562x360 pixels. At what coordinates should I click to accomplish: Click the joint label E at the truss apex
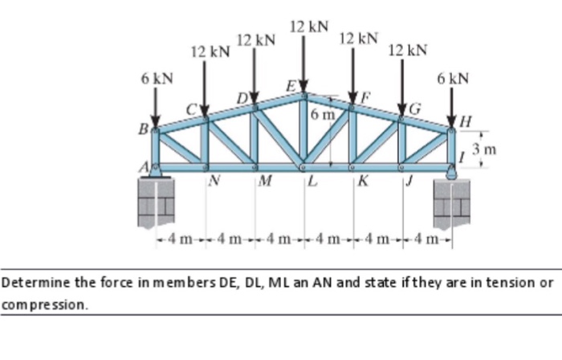coord(291,87)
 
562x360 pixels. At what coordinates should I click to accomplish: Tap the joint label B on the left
coord(144,129)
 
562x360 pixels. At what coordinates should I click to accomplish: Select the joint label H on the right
coord(465,122)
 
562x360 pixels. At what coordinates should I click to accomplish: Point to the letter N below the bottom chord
coord(214,180)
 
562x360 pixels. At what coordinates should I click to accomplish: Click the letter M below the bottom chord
coord(265,180)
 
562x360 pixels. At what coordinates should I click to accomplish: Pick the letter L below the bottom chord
coord(312,181)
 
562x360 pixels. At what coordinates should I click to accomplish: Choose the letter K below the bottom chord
coord(363,181)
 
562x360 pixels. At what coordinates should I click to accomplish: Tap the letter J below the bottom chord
coord(409,181)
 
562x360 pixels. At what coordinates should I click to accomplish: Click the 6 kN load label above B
coord(157,79)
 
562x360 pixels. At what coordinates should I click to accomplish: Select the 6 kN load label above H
coord(453,78)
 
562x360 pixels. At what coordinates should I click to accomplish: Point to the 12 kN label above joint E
coord(309,27)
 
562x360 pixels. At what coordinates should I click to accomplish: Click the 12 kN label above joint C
coord(210,52)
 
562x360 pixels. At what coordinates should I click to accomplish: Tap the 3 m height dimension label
coord(484,149)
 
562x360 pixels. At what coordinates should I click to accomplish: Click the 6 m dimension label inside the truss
coord(323,114)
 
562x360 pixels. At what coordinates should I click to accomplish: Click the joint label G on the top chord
coord(415,109)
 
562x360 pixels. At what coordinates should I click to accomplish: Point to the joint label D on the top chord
coord(243,98)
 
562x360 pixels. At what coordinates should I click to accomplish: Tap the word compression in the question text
coord(44,305)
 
